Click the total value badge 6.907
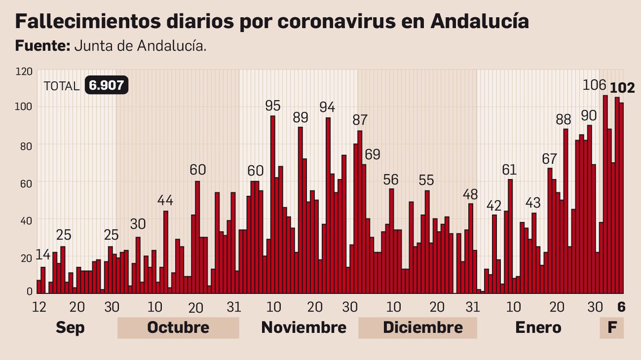tap(106, 85)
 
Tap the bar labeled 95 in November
tap(273, 204)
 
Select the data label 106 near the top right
tap(594, 85)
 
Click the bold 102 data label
tap(622, 88)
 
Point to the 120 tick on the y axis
tap(24, 72)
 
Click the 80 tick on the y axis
tap(26, 147)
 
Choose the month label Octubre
tap(178, 328)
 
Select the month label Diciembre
tap(423, 328)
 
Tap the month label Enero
tap(538, 328)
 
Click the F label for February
tap(612, 328)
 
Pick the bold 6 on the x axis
tap(621, 307)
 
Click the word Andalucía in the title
tap(480, 21)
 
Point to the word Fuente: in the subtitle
tap(42, 46)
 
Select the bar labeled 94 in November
tap(328, 205)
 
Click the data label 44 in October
tap(165, 200)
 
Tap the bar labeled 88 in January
tap(566, 211)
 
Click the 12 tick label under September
tap(39, 307)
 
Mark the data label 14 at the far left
tap(43, 255)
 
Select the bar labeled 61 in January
tap(510, 236)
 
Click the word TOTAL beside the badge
tap(61, 86)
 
